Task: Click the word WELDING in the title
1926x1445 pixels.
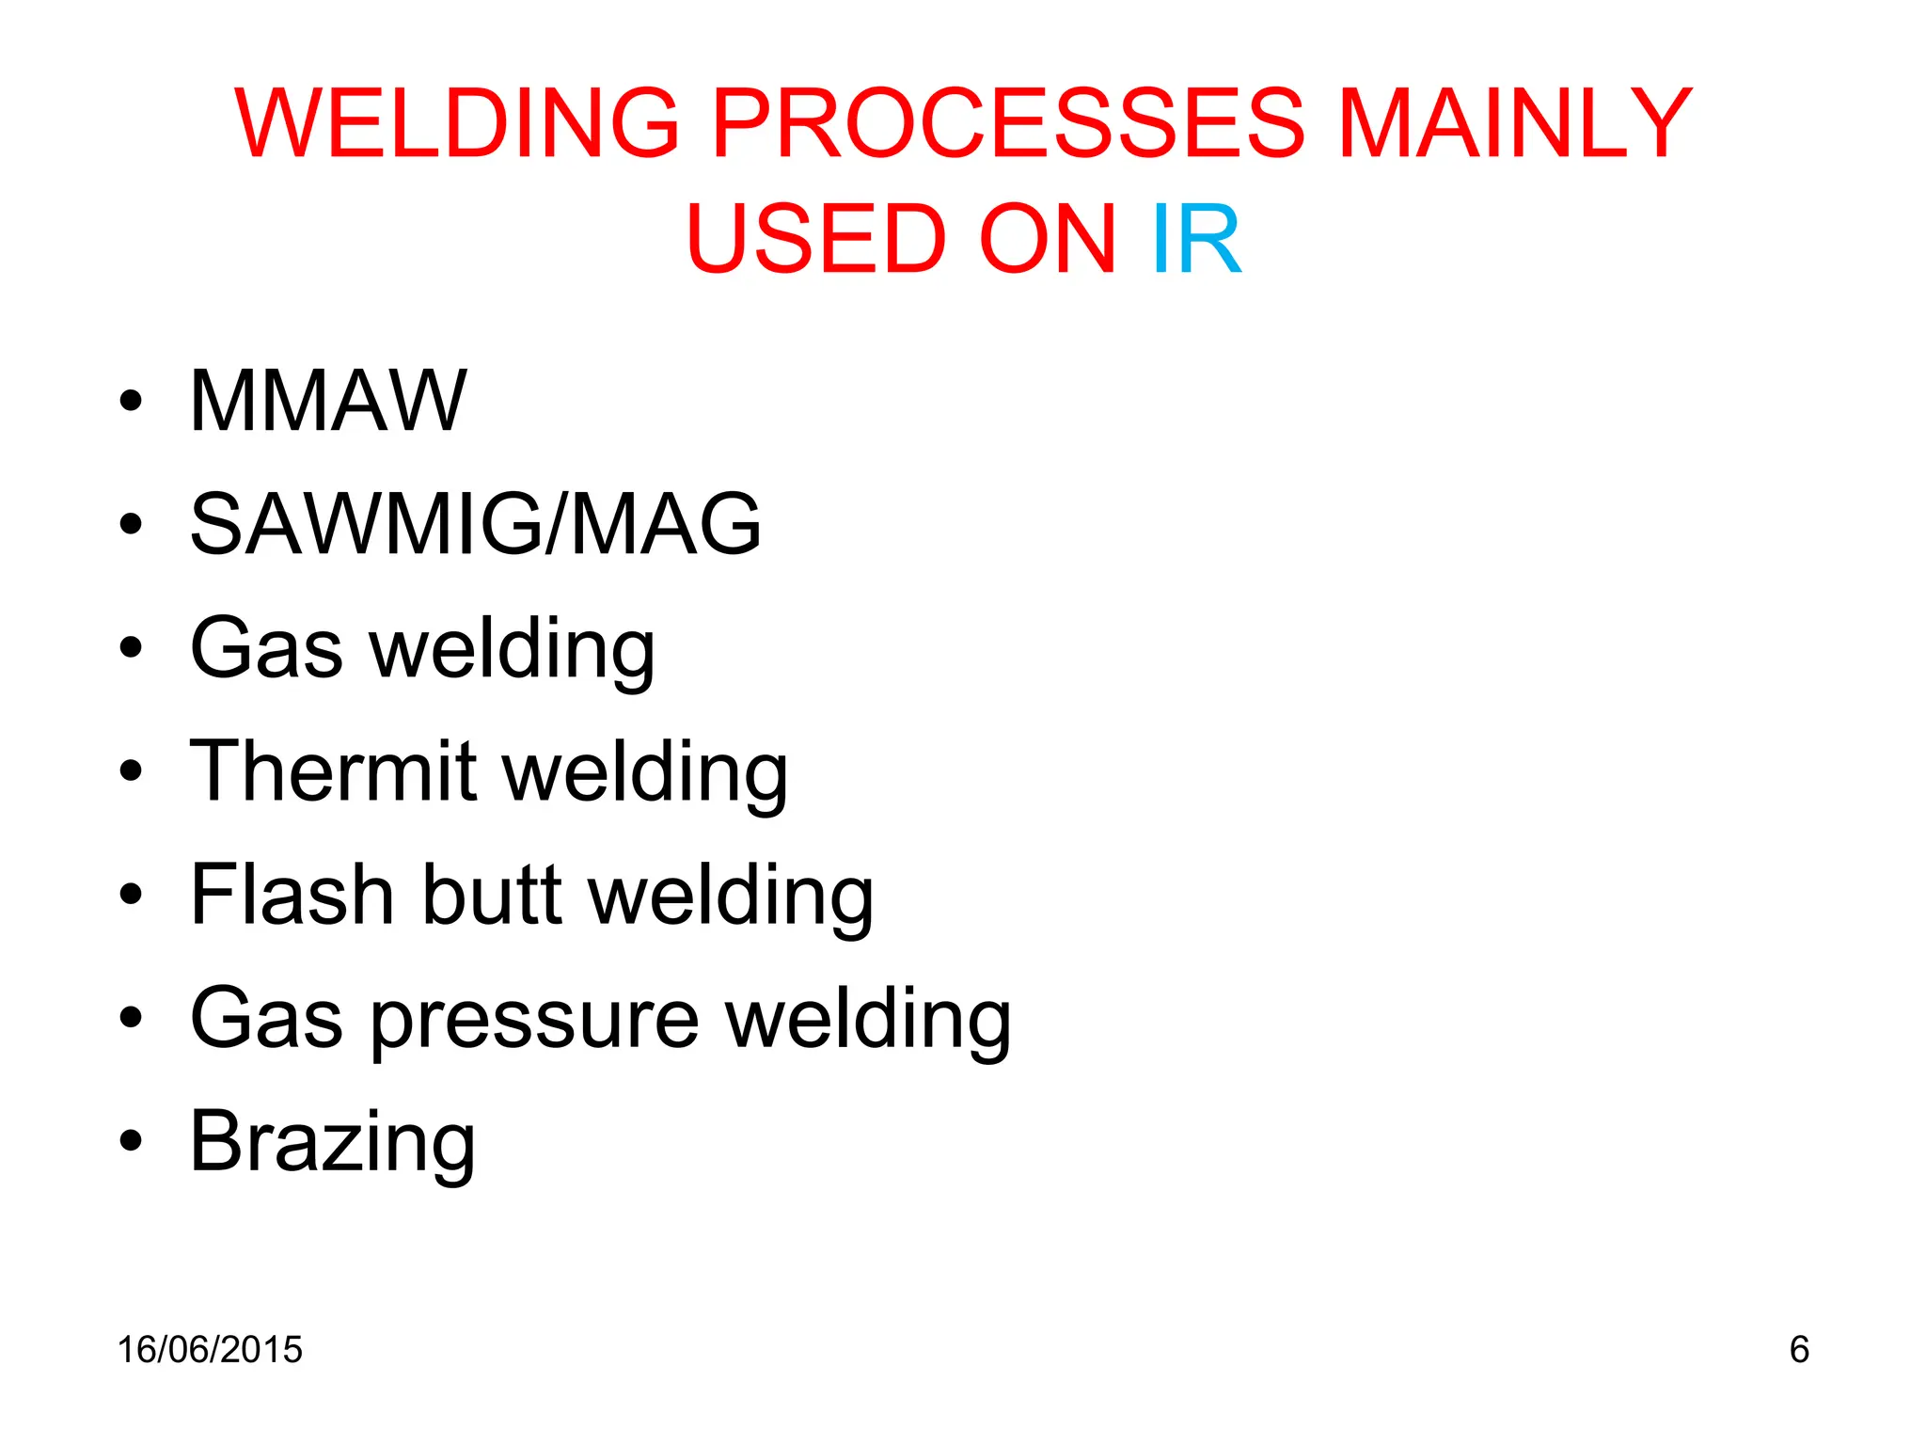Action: click(456, 123)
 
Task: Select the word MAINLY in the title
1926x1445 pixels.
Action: click(1514, 123)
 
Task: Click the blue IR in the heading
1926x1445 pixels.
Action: click(1195, 241)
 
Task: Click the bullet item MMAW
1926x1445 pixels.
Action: click(328, 401)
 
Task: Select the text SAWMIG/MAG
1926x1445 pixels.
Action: click(475, 524)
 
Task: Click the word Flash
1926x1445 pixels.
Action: click(292, 895)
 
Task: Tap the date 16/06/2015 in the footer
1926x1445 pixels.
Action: click(210, 1349)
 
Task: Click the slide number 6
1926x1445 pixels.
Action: click(1798, 1349)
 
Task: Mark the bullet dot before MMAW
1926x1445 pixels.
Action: click(131, 402)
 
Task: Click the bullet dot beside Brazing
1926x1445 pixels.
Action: click(131, 1141)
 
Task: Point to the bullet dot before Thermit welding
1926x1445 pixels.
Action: click(131, 771)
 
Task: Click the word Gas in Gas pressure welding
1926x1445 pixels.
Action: click(266, 1019)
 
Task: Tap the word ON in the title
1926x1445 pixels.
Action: click(1047, 241)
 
